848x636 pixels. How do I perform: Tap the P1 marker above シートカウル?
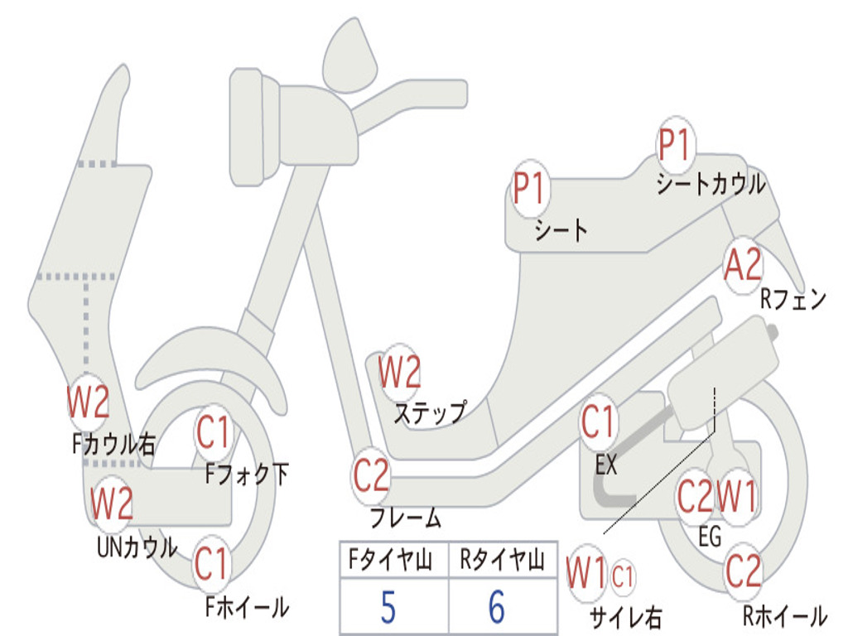pos(676,144)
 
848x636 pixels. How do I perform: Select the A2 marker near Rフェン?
pos(743,265)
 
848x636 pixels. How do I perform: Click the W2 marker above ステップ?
pos(399,372)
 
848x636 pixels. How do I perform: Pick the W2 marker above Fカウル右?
pos(88,402)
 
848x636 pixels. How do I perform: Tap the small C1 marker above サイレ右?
pos(623,576)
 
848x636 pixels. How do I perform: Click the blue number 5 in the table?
pos(388,607)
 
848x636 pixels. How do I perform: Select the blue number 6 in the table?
pos(497,607)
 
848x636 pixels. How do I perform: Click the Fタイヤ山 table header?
pos(390,560)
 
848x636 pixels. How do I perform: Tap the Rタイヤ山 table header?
pos(502,560)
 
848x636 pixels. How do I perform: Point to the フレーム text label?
pos(406,518)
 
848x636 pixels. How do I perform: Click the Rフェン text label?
pos(793,299)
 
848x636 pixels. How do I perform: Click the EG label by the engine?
pos(710,537)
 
